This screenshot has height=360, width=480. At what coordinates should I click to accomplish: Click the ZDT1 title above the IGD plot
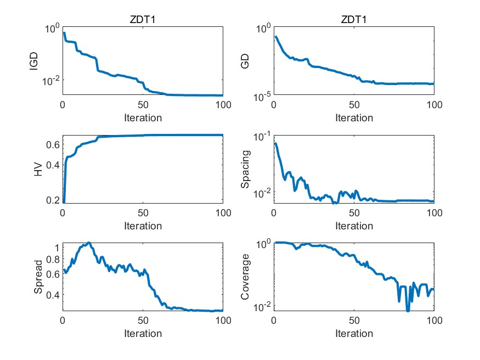pos(143,20)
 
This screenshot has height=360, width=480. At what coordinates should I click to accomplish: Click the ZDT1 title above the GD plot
pos(354,20)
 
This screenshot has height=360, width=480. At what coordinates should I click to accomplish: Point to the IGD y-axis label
pos(34,60)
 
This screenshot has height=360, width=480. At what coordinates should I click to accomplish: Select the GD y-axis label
pos(245,60)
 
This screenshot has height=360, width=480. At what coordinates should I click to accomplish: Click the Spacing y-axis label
pos(245,169)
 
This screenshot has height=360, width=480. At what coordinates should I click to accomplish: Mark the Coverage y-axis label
pos(245,277)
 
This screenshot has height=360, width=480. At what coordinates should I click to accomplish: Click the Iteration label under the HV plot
pos(143,226)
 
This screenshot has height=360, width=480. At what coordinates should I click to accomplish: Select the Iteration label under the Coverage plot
pos(354,334)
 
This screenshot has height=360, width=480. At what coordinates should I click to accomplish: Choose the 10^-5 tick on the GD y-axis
pos(261,97)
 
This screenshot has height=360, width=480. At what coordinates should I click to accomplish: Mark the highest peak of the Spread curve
pos(88,243)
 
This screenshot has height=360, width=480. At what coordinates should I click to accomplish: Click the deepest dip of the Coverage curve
pos(408,311)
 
